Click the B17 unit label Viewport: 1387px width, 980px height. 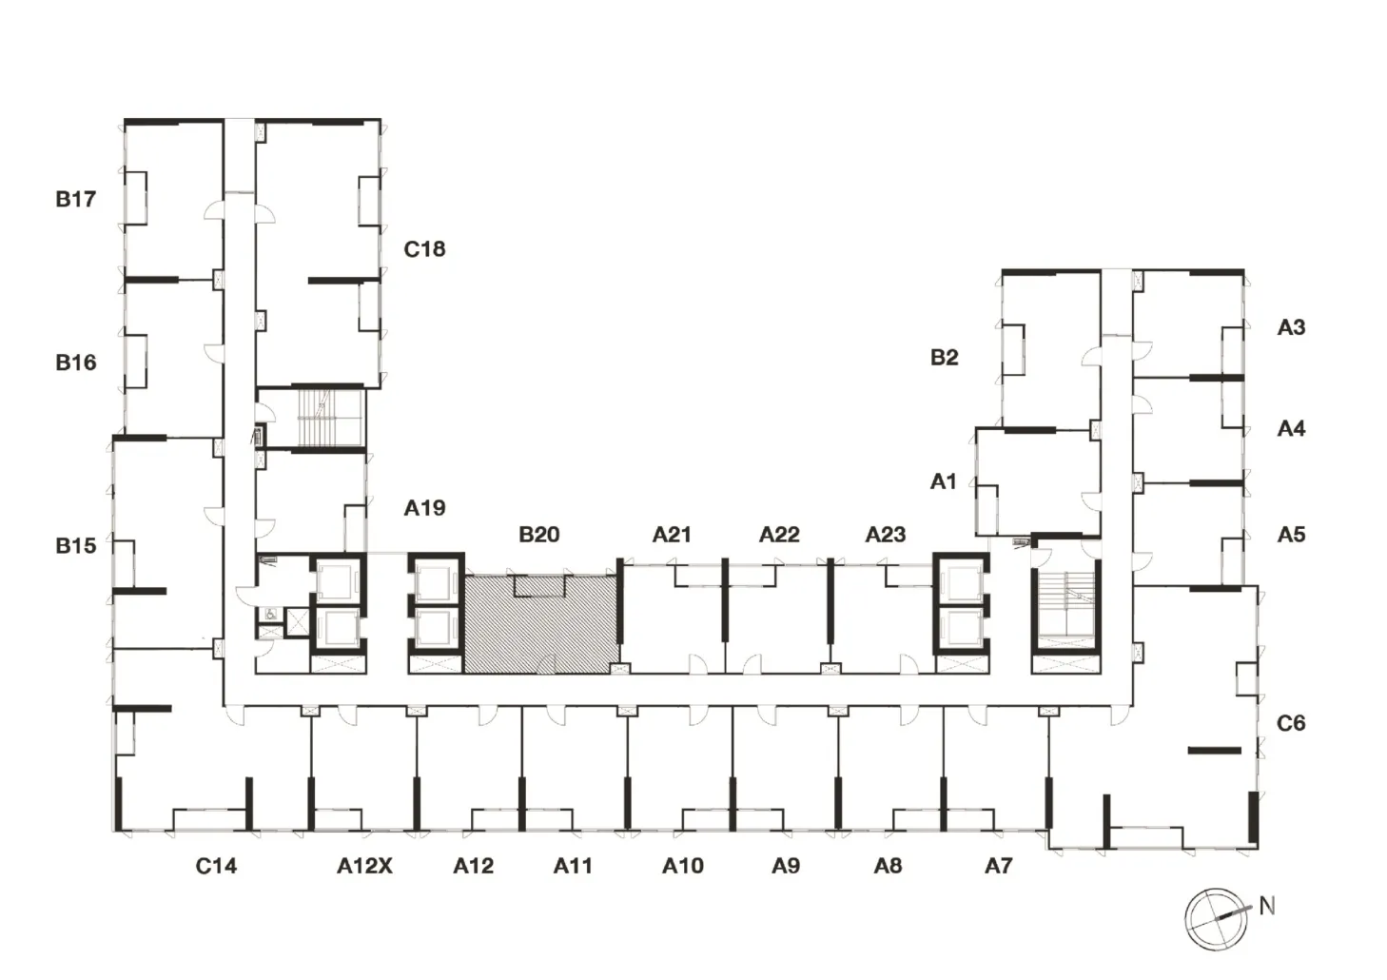pyautogui.click(x=76, y=199)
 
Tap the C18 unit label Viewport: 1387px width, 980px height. pyautogui.click(x=425, y=249)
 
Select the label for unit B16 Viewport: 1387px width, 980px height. pyautogui.click(x=76, y=363)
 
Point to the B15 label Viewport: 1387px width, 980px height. pyautogui.click(x=76, y=546)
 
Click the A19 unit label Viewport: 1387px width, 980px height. pyautogui.click(x=425, y=508)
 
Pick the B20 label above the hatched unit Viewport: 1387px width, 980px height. pyautogui.click(x=539, y=534)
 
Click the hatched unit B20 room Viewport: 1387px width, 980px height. pyautogui.click(x=541, y=624)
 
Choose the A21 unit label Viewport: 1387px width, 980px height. pyautogui.click(x=672, y=534)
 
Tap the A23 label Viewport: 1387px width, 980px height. pyautogui.click(x=886, y=534)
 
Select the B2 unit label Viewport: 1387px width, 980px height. pyautogui.click(x=945, y=358)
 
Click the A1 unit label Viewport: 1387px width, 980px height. pyautogui.click(x=943, y=481)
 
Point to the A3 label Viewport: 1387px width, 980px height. pyautogui.click(x=1292, y=327)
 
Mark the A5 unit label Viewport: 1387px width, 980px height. pyautogui.click(x=1292, y=534)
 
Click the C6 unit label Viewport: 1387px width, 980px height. pyautogui.click(x=1291, y=723)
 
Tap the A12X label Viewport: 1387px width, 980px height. pyautogui.click(x=364, y=866)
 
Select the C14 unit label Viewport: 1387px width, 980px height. pyautogui.click(x=216, y=866)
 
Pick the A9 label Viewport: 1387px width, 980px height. pyautogui.click(x=786, y=866)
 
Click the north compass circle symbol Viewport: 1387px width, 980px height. pyautogui.click(x=1216, y=918)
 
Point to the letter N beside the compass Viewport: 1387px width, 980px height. pyautogui.click(x=1267, y=907)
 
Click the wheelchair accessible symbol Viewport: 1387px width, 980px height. pyautogui.click(x=270, y=615)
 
